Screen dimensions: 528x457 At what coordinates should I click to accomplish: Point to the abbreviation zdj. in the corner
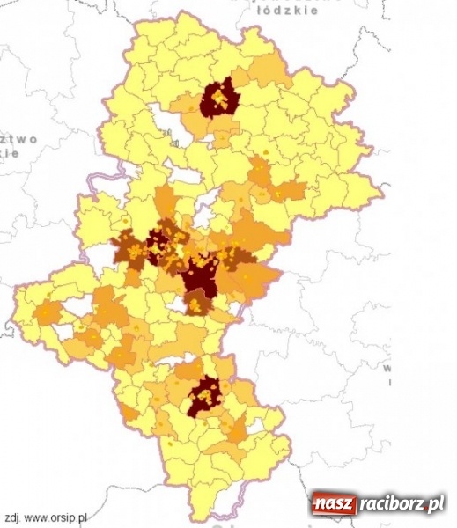point(11,517)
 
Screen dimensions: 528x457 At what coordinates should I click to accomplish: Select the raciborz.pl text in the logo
point(401,504)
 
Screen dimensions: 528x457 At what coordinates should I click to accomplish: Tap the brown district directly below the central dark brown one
point(198,304)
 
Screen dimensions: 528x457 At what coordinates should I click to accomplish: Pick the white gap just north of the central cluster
point(203,215)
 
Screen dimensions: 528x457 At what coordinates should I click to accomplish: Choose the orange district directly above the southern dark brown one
point(188,370)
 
